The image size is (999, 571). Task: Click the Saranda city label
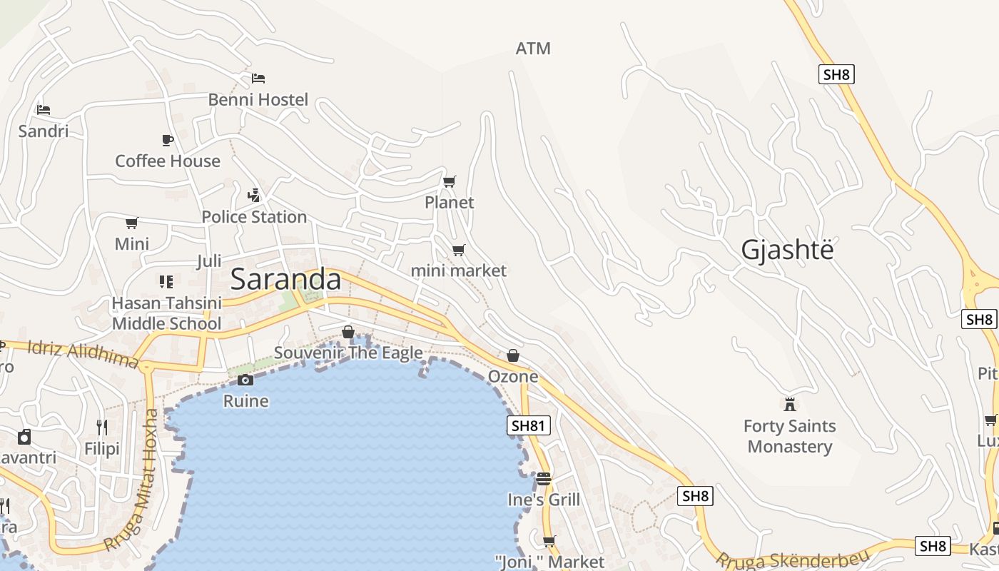click(285, 279)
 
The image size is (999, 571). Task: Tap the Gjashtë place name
click(787, 251)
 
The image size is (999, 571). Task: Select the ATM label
click(533, 49)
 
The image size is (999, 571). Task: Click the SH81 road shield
click(529, 426)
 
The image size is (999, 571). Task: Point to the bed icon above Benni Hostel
click(258, 78)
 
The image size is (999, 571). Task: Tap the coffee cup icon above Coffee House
click(168, 140)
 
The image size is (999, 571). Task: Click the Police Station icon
click(253, 195)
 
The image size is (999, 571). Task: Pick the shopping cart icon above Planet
click(449, 182)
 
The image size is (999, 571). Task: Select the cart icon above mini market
click(458, 250)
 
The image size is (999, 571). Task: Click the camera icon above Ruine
click(245, 380)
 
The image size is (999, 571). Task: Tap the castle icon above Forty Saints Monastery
click(789, 405)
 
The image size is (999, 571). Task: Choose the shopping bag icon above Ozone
click(512, 355)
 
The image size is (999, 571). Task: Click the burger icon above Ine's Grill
click(544, 478)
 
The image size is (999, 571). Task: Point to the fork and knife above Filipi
click(102, 428)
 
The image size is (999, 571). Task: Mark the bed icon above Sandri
click(44, 110)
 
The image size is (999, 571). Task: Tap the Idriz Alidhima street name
click(83, 355)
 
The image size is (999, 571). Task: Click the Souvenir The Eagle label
click(348, 353)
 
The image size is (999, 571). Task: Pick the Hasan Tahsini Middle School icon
click(166, 282)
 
